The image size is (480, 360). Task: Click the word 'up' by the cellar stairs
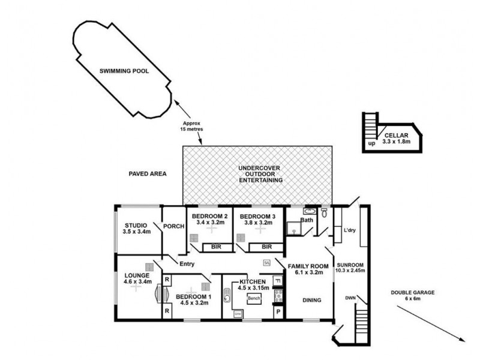pos(372,144)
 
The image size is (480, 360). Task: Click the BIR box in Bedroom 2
pos(215,247)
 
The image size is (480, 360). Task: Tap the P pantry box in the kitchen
pos(278,312)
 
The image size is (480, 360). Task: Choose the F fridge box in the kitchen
pos(278,281)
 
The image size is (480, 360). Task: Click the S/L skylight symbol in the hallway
pos(267,262)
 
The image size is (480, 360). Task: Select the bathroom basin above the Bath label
pos(309,211)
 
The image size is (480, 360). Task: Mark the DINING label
pos(311,300)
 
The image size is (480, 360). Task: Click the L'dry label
pos(349,230)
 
